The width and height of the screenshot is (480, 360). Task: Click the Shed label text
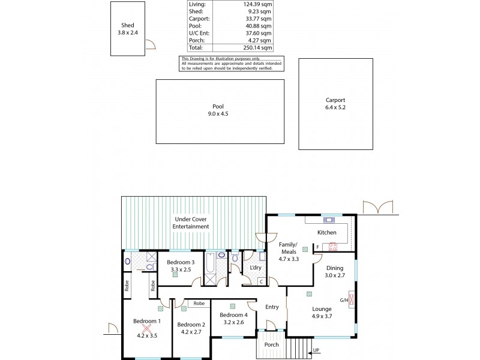coord(127,25)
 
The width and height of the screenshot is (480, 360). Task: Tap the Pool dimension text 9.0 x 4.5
coord(218,113)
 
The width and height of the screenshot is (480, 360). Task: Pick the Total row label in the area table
coord(196,47)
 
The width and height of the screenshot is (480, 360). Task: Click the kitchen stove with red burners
coord(331,245)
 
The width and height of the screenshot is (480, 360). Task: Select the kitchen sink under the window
coord(329,219)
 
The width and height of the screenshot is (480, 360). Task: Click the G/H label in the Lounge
coord(344,300)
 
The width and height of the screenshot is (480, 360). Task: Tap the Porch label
coord(272,345)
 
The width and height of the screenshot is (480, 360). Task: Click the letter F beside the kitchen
coord(317,246)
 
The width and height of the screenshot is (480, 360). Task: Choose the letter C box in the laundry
coord(262,281)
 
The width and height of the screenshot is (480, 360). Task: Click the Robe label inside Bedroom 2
coord(199,304)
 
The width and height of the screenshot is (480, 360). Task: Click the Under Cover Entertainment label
coord(191,223)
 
